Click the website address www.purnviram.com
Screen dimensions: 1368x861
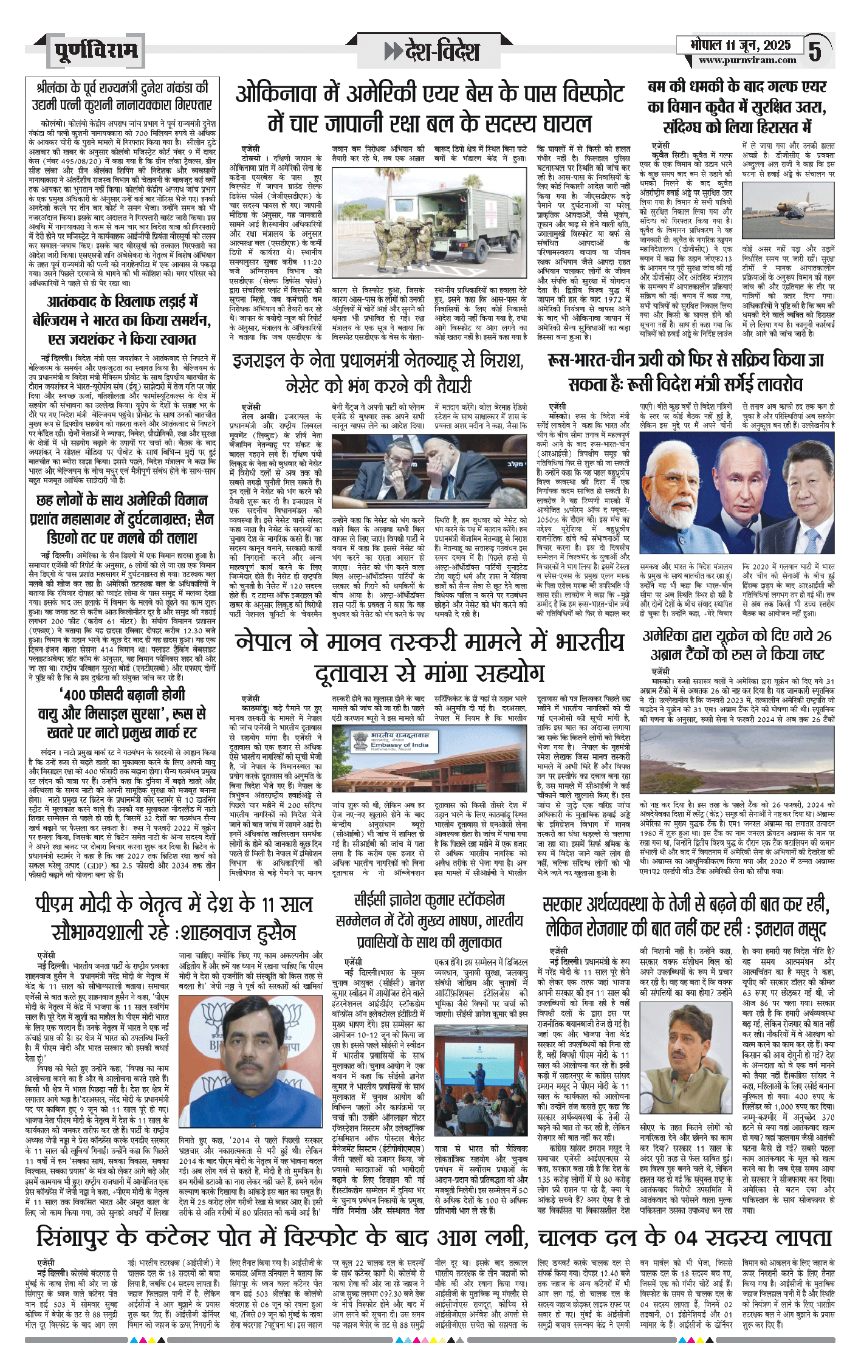(747, 60)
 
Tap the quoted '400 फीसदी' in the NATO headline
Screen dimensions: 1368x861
(97, 693)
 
